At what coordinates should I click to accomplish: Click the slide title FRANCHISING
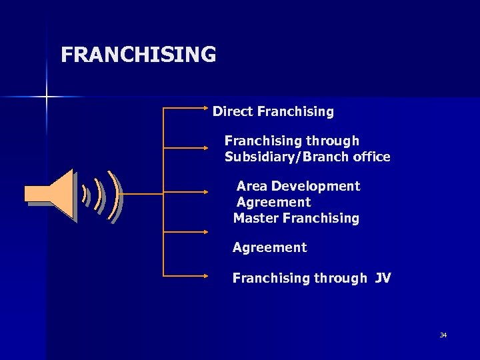(138, 54)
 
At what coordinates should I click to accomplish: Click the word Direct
(233, 111)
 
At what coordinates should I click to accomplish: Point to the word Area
(251, 186)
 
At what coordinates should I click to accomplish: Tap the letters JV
(383, 278)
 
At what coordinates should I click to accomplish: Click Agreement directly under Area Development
(273, 202)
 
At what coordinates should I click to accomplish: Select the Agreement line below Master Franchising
(269, 248)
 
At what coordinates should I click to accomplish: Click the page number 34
(443, 335)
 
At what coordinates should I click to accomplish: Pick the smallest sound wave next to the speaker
(85, 195)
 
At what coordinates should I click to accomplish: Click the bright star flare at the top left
(47, 97)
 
